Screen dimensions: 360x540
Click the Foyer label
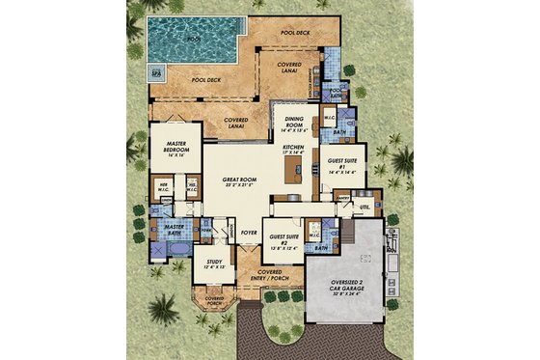point(250,232)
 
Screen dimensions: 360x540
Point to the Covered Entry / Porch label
point(271,276)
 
